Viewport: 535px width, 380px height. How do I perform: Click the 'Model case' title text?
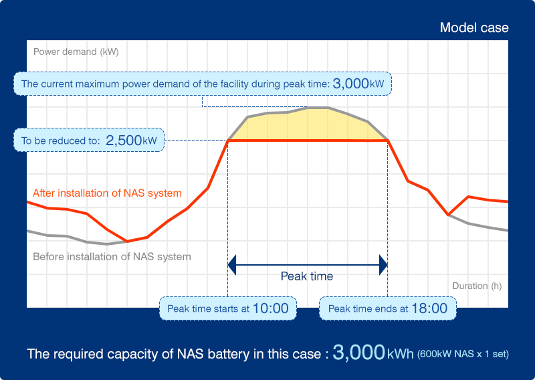coord(474,28)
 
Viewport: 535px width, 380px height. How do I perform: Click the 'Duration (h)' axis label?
coord(477,286)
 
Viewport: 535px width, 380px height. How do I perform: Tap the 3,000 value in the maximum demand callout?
coord(350,84)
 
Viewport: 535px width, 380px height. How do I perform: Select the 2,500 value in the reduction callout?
coord(123,140)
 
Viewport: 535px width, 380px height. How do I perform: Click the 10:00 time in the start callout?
coord(270,308)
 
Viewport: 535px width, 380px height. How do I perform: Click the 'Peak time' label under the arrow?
coord(306,276)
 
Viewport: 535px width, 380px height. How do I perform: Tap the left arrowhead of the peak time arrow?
coord(231,265)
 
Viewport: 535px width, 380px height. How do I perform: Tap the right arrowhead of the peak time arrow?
coord(384,265)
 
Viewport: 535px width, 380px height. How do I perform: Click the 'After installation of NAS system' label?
coord(107,193)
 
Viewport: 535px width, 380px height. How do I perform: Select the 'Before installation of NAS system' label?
coord(112,256)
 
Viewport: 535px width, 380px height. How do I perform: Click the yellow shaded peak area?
coord(308,126)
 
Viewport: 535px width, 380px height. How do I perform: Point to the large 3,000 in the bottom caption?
coord(358,353)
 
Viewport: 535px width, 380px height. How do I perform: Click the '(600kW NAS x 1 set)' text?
coord(467,354)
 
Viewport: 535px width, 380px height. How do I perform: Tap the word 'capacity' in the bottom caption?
coord(142,354)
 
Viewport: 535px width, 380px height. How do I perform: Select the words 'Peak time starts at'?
coord(208,309)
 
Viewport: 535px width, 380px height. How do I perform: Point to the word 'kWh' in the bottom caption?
coord(401,354)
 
